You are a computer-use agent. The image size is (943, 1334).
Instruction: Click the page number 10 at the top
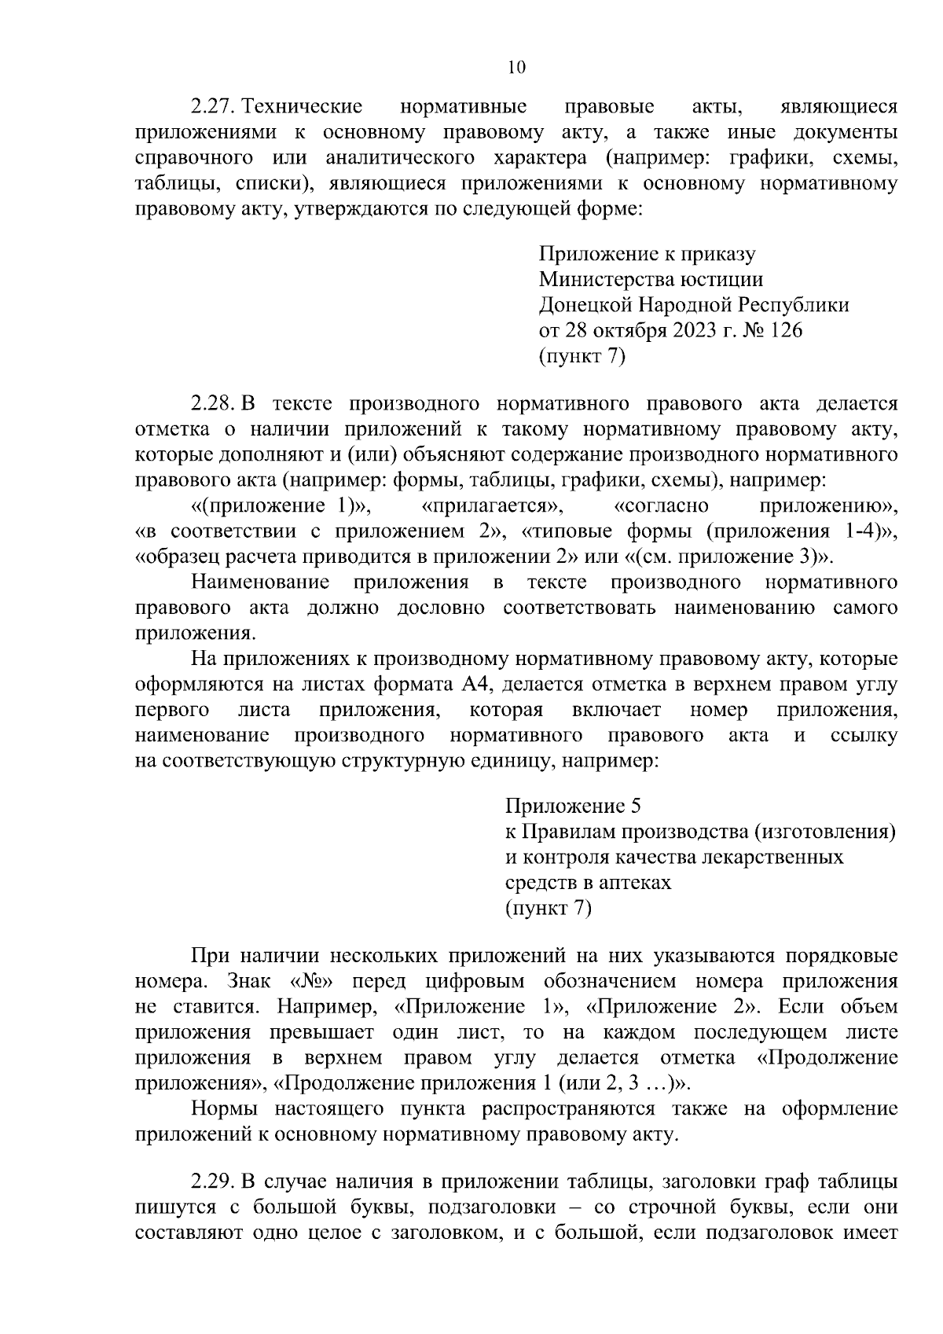point(516,68)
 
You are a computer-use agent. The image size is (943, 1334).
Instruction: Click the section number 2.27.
point(213,106)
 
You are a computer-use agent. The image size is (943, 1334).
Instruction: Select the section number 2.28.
point(213,404)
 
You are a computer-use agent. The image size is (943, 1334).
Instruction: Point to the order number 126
point(786,330)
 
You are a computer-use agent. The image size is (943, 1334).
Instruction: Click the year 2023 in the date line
point(695,330)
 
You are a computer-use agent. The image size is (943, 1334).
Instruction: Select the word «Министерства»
point(606,279)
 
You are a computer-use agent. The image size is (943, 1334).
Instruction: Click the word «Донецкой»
point(585,305)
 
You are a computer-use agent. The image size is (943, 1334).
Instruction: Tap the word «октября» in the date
point(629,330)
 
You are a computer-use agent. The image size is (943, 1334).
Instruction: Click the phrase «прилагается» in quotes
point(492,505)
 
